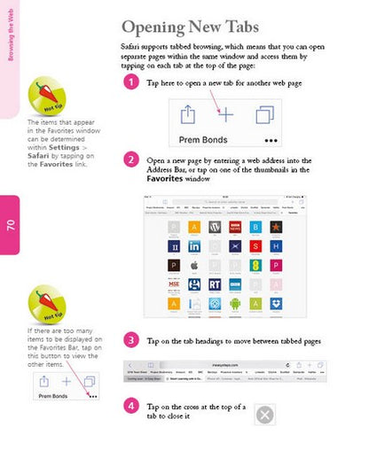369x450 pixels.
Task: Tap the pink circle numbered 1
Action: click(x=130, y=82)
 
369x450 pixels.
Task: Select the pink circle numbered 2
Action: click(x=130, y=160)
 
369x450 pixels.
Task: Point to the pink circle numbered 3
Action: click(x=130, y=339)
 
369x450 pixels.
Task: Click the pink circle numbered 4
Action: click(x=130, y=406)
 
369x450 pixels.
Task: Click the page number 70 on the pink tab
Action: click(x=12, y=224)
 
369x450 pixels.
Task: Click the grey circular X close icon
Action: click(x=264, y=414)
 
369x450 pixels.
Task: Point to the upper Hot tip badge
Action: click(x=45, y=95)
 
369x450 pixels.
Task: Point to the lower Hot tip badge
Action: click(x=45, y=304)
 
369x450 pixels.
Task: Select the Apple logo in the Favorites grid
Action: click(x=193, y=266)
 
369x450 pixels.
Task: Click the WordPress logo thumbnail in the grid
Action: click(x=214, y=227)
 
